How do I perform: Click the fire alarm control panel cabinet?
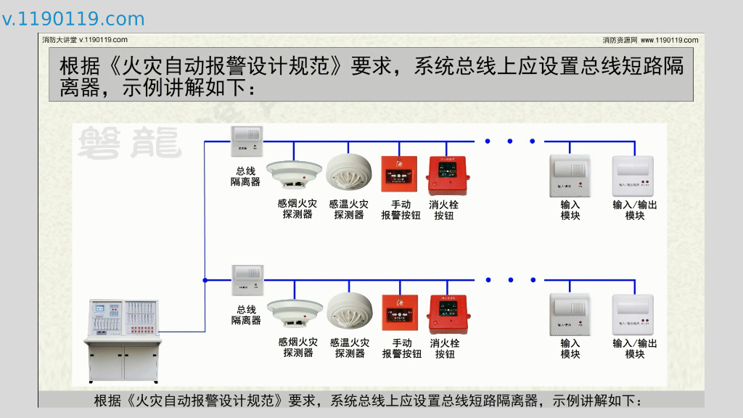(x=123, y=338)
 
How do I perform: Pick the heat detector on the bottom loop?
(x=349, y=311)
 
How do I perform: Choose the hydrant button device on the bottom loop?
(x=448, y=313)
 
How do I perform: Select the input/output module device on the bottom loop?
(x=633, y=313)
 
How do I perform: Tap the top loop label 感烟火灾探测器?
(x=297, y=210)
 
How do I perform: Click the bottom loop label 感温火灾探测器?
(x=350, y=348)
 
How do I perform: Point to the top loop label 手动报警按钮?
(x=401, y=210)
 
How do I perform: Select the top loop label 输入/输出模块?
(x=635, y=210)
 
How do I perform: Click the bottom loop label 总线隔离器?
(x=246, y=315)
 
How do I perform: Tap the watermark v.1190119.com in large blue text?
(x=73, y=19)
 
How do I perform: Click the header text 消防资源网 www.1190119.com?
(x=650, y=40)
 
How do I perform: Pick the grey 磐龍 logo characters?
(x=128, y=142)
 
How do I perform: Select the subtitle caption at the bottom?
(x=369, y=401)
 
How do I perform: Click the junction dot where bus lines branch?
(x=205, y=279)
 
